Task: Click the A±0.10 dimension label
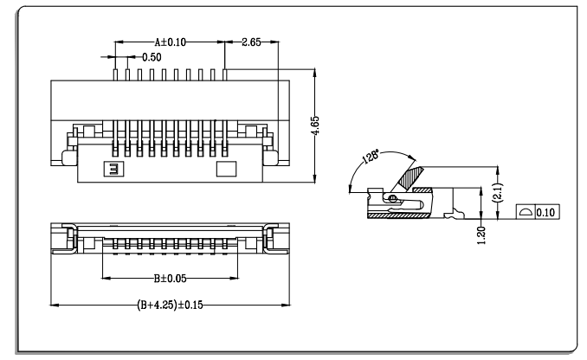coord(171,42)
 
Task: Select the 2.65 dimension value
coord(251,42)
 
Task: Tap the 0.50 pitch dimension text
coord(152,57)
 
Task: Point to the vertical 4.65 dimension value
coord(315,125)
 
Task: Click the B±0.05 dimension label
coord(170,279)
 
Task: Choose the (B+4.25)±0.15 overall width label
coord(170,305)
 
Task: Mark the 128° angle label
coord(371,156)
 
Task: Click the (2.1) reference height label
coord(499,193)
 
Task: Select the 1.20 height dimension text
coord(481,235)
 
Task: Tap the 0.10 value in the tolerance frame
coord(545,213)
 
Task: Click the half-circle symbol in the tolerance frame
coord(526,212)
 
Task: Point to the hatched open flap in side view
coord(410,177)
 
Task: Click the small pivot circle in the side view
coord(392,198)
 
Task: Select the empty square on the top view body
coord(227,169)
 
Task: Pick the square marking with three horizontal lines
coord(113,169)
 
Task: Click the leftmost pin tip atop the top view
coord(115,69)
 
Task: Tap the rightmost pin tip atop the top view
coord(224,69)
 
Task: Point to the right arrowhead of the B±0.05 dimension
coord(234,278)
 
